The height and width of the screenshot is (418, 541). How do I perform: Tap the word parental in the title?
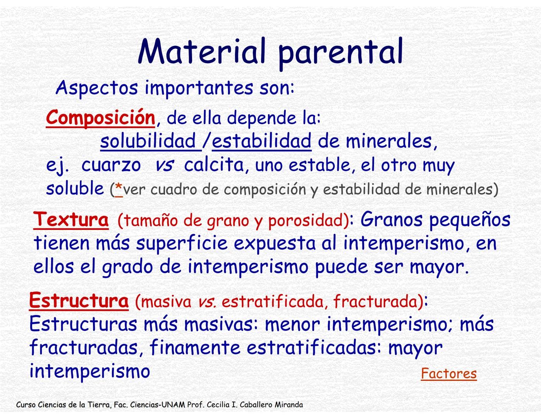pos(340,52)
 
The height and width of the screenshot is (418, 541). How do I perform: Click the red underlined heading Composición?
pos(100,117)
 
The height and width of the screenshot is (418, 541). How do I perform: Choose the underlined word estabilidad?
pos(261,141)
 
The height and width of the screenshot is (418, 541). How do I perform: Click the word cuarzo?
pos(111,165)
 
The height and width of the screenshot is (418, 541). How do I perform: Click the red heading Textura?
pos(71,219)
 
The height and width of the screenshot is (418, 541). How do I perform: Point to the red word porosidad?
pos(306,221)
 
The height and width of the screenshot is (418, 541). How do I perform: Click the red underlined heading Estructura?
pos(79,301)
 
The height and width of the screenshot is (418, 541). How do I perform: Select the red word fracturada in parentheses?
pos(375,302)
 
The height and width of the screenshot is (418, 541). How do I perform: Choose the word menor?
pos(292,324)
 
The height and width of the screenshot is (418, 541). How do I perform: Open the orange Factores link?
pos(448,373)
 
